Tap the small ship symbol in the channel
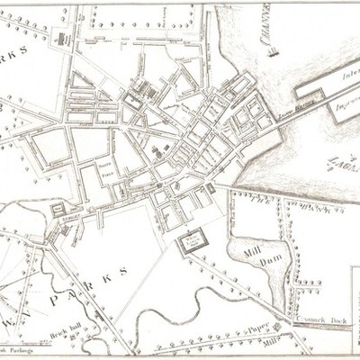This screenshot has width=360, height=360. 274,51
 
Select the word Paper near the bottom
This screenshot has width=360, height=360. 260,328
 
